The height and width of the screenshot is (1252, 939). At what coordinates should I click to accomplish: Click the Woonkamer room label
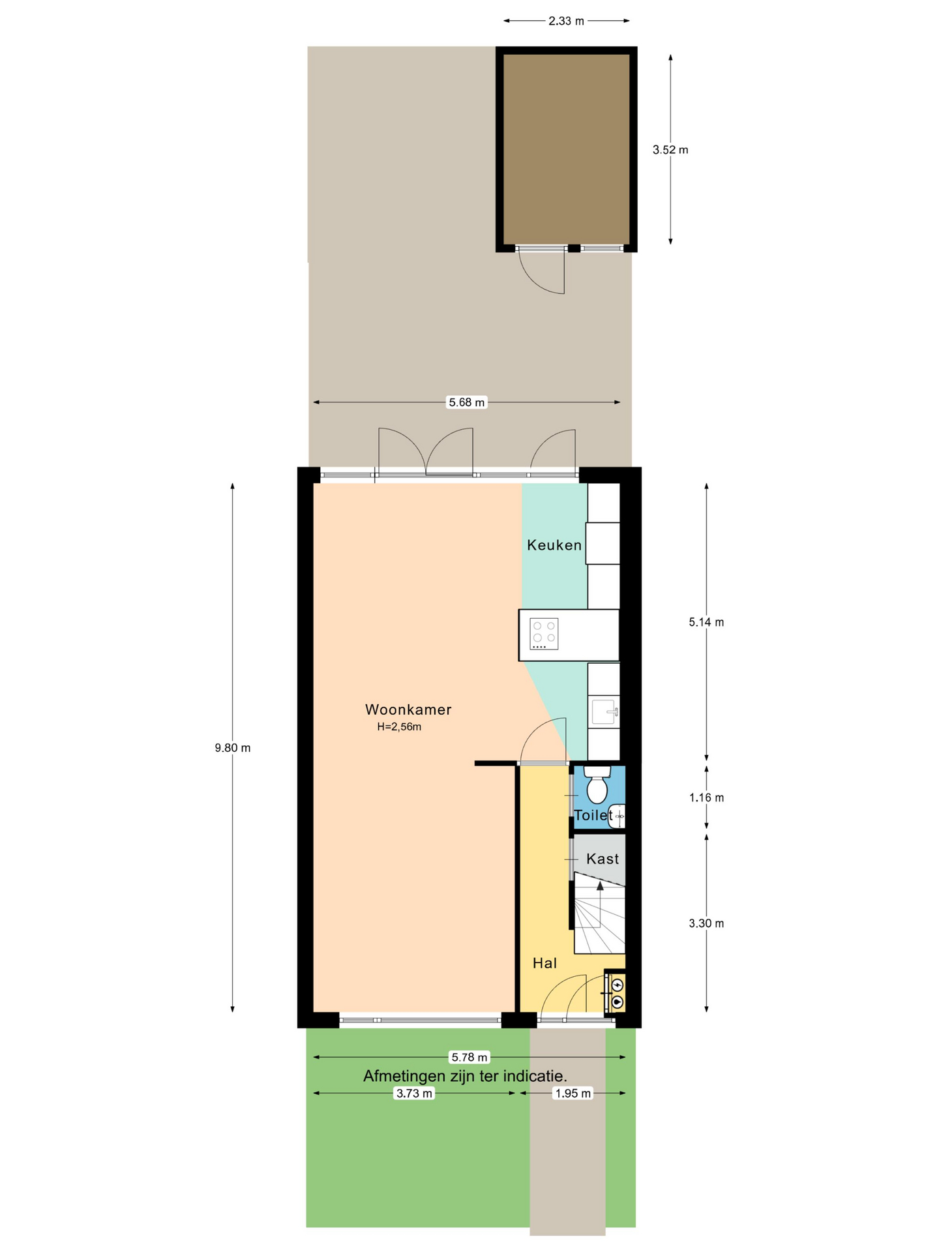pos(408,709)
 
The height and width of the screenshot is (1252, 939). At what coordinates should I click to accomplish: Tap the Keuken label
pos(554,545)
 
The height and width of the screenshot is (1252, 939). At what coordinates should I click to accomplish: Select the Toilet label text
pos(593,815)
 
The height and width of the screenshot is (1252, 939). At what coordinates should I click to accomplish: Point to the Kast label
pos(603,859)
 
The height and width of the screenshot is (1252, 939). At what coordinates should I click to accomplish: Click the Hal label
pos(545,963)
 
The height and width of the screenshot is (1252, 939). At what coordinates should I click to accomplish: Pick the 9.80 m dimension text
pos(233,748)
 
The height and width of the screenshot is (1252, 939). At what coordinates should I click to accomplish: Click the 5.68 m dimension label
pos(467,402)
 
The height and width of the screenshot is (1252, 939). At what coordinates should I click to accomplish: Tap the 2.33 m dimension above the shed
pos(566,21)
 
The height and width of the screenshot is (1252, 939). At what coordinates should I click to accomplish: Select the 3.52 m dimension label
pos(670,150)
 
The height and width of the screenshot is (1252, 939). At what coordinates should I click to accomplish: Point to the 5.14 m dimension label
pos(706,622)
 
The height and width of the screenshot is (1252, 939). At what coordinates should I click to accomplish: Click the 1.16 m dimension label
pos(706,797)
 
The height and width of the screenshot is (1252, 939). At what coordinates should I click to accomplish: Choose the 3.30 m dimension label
pos(706,923)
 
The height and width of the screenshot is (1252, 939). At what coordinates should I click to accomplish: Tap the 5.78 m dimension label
pos(469,1057)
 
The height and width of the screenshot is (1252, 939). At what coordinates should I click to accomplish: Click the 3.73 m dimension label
pos(415,1094)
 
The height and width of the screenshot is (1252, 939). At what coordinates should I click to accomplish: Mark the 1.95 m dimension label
pos(573,1094)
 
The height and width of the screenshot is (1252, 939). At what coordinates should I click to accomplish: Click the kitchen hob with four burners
pos(544,634)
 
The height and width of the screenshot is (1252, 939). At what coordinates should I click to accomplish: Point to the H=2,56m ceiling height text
pos(399,727)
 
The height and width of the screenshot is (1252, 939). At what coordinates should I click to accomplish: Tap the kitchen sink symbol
pos(605,711)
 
